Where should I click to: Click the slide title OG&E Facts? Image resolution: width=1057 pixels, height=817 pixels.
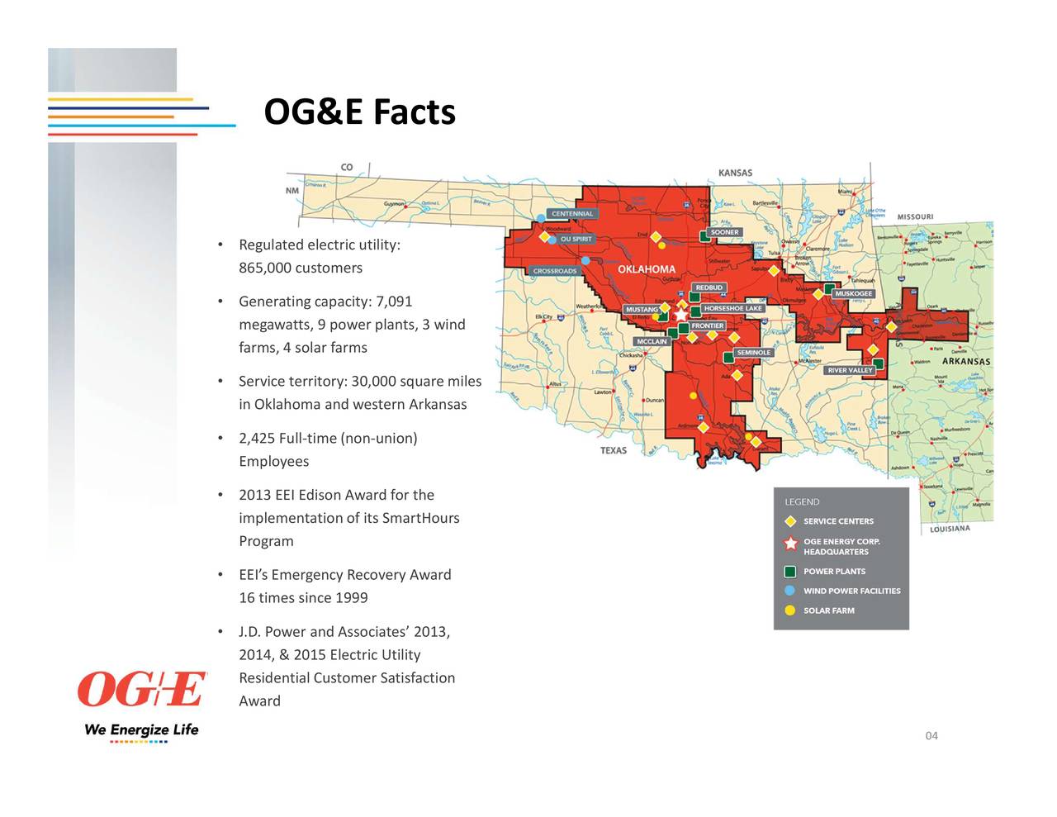coord(359,112)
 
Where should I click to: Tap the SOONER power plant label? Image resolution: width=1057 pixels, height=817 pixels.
coord(724,232)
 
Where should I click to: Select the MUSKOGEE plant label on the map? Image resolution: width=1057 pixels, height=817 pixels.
coord(853,293)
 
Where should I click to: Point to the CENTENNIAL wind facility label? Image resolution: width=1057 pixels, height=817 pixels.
coord(571,214)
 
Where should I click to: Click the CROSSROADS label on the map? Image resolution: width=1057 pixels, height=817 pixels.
coord(555,271)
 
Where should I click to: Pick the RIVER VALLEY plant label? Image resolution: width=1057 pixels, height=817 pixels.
coord(850,370)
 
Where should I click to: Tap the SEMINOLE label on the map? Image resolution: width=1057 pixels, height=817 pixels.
coord(753,353)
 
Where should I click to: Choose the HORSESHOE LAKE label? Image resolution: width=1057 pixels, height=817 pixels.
coord(732,308)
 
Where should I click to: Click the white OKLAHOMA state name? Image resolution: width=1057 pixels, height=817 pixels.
coord(647,269)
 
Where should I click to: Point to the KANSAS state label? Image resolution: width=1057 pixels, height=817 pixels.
coord(735,173)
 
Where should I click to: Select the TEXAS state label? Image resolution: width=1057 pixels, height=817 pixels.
coord(614,450)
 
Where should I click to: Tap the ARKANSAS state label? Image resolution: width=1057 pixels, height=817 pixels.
coord(965,362)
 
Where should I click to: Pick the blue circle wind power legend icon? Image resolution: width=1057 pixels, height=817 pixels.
coord(790,591)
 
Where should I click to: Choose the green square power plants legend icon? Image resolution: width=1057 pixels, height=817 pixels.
coord(790,572)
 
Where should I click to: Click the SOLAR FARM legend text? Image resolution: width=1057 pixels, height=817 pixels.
coord(828,610)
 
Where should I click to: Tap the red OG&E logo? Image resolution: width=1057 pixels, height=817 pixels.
coord(141,690)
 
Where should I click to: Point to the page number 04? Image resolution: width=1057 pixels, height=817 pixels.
coord(931,736)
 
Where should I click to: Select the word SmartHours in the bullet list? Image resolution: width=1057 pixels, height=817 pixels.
coord(420,518)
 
